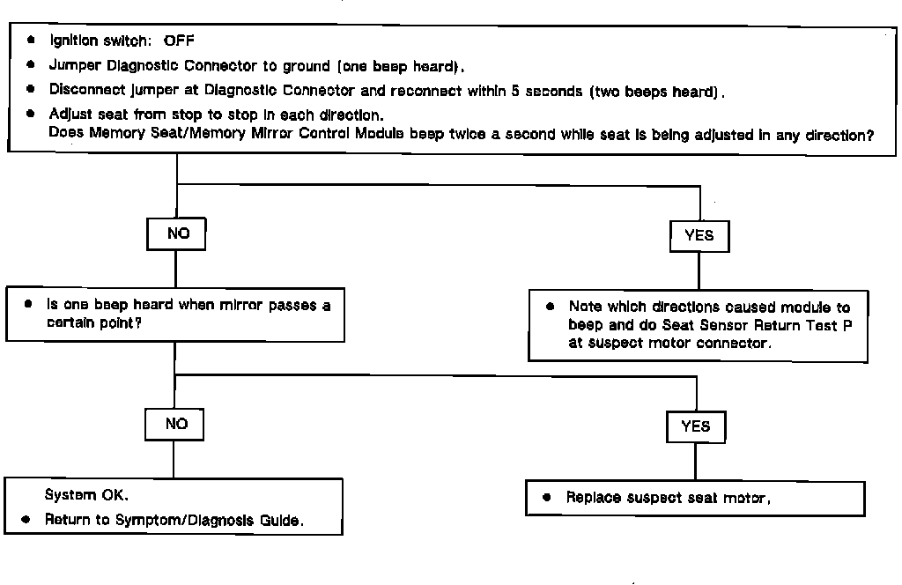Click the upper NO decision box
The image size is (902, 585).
pos(176,235)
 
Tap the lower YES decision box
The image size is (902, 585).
pos(695,426)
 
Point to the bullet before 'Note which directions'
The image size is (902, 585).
pos(550,307)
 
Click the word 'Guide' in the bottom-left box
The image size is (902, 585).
pos(284,520)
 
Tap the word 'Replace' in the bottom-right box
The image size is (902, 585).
pos(595,498)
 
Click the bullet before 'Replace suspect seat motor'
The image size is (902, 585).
pos(547,498)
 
